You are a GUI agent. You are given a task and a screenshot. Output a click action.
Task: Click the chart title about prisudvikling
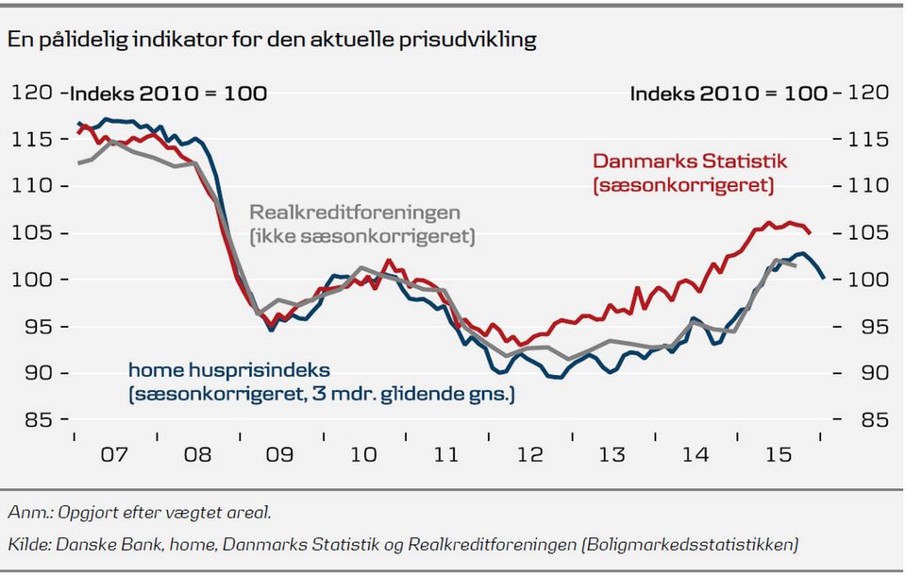point(272,40)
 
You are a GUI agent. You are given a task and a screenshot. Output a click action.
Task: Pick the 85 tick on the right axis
point(869,419)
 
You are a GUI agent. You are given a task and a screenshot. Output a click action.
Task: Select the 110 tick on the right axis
point(869,186)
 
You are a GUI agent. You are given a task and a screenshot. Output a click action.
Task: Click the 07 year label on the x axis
point(114,454)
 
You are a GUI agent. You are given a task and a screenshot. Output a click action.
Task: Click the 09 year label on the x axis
point(280,454)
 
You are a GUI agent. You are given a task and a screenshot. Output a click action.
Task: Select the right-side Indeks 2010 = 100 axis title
point(729,93)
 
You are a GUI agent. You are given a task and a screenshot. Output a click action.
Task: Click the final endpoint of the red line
point(810,232)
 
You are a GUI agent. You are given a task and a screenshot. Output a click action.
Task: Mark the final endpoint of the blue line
point(824,278)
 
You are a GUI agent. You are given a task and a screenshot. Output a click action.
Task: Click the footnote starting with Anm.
point(140,513)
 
